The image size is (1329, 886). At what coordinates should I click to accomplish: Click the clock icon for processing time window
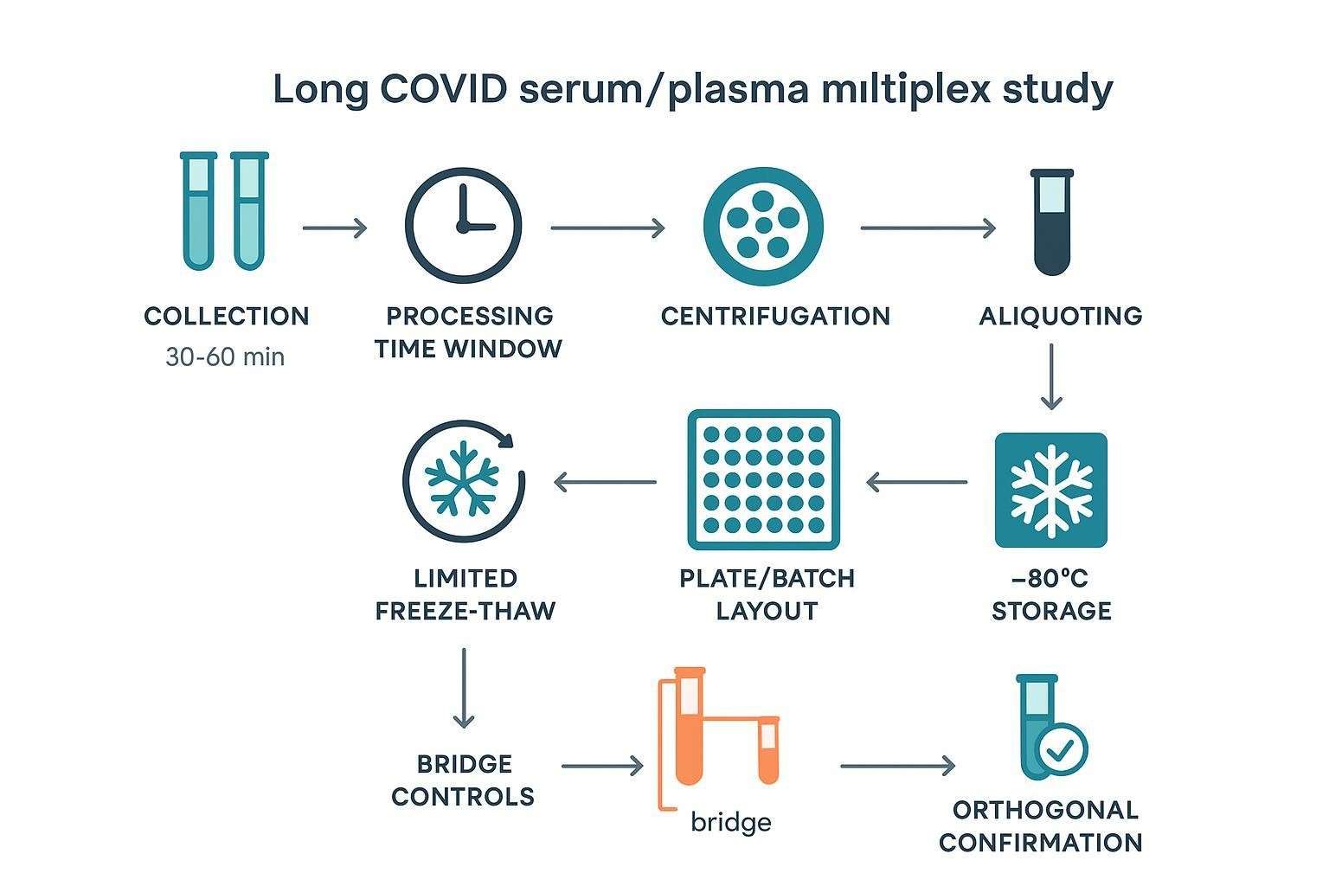464,225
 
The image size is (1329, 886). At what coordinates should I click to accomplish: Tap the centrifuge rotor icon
763,227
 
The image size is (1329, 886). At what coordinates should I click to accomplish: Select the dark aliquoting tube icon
1052,223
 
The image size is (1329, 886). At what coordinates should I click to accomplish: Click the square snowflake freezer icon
1051,490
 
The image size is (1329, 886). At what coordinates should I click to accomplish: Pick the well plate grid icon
763,479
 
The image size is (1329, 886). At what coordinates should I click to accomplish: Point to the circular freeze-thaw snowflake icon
464,479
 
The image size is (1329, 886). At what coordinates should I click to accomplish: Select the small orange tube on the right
768,749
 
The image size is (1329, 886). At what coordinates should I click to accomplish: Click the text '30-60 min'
225,356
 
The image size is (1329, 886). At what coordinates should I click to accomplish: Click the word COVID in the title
442,90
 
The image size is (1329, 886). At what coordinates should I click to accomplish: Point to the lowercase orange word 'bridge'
730,821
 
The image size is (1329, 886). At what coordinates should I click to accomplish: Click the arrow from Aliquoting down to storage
1051,376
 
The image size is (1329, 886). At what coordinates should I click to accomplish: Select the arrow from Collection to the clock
335,228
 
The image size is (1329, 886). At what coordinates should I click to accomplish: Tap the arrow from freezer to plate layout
916,482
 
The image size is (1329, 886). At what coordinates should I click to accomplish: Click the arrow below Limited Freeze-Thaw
464,689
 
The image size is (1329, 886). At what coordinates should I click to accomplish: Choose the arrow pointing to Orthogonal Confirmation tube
897,766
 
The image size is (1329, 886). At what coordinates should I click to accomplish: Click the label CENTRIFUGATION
775,316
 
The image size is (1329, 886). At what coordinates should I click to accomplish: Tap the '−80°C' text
1050,578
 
